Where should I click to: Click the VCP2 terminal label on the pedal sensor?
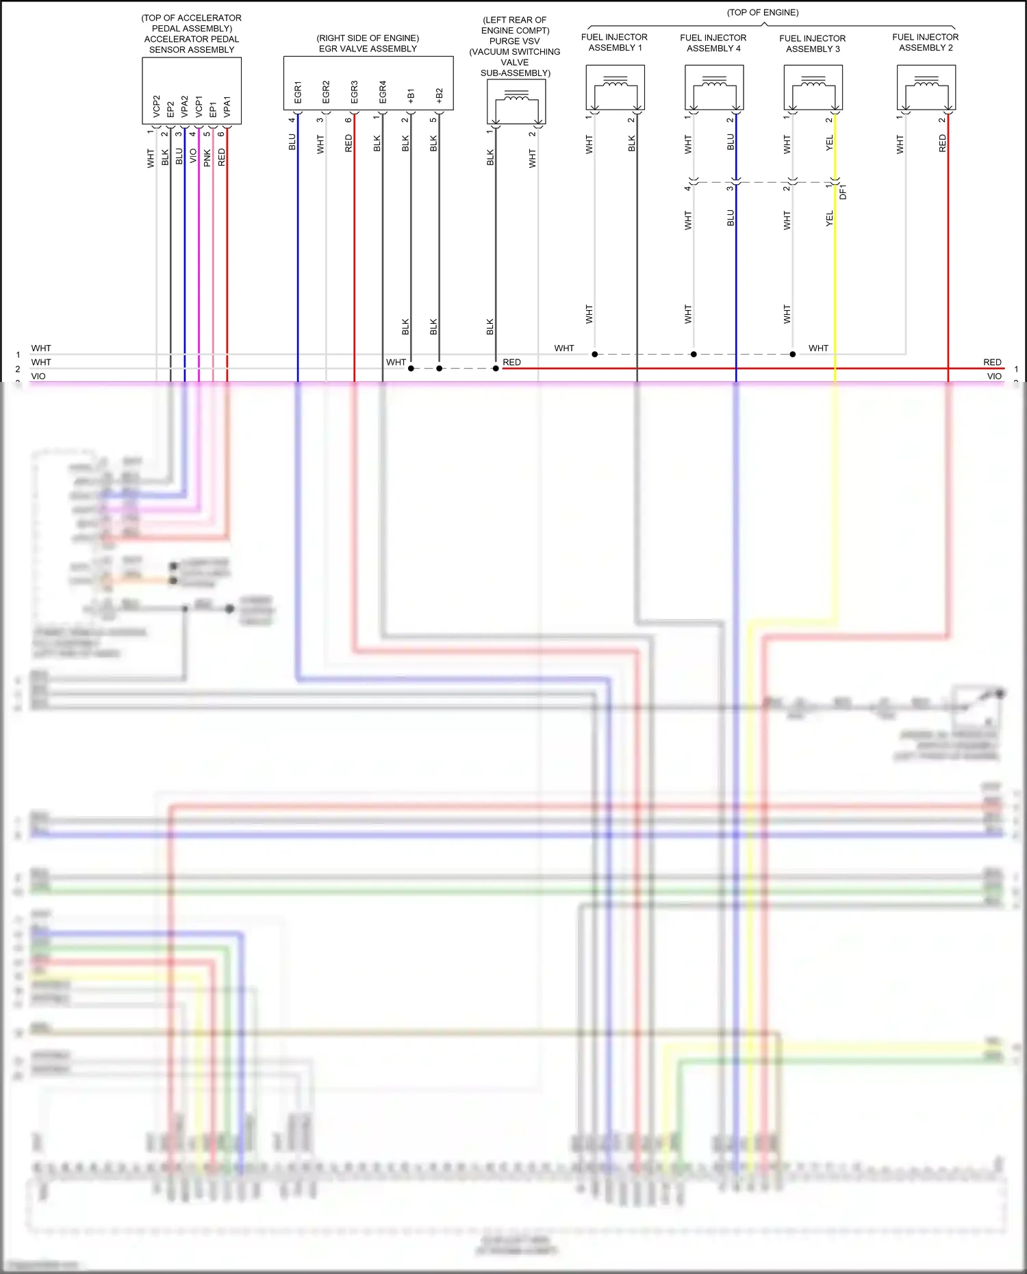tap(157, 106)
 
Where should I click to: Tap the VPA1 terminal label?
tap(227, 106)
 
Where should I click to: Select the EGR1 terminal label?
tap(298, 92)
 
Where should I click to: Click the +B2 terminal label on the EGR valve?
tap(439, 95)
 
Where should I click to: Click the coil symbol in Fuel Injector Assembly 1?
tap(616, 85)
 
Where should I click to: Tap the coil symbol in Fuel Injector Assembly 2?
tap(926, 85)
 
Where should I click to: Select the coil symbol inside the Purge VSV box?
tap(516, 99)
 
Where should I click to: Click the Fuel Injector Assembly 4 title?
tap(713, 43)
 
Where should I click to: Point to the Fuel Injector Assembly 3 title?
tap(813, 44)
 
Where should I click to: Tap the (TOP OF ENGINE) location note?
tap(763, 12)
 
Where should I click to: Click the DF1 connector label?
tap(843, 192)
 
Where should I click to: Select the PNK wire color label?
tap(207, 158)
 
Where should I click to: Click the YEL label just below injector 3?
tap(830, 143)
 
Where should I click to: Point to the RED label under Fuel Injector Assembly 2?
tap(943, 143)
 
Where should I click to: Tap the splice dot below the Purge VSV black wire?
tap(496, 368)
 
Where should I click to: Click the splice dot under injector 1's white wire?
tap(595, 354)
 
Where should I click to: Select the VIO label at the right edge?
tap(994, 377)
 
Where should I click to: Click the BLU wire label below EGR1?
tap(292, 142)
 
